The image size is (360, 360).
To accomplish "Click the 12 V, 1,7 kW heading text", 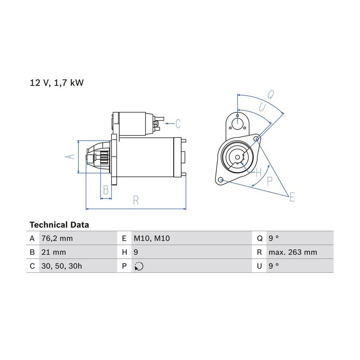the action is point(57,83).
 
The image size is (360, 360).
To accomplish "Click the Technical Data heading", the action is point(59,225).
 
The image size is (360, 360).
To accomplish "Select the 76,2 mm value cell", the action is point(57,238).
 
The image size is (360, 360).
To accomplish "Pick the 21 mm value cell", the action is point(54,252).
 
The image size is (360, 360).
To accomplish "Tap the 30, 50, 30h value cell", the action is point(62,266).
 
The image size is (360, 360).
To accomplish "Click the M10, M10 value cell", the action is point(152,238).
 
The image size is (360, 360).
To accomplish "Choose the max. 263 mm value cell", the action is point(293,252).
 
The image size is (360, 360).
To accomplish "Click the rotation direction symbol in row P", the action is point(139,266).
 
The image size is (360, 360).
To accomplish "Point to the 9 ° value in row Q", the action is point(274,238).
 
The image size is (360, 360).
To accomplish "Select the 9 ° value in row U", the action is point(274,266).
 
